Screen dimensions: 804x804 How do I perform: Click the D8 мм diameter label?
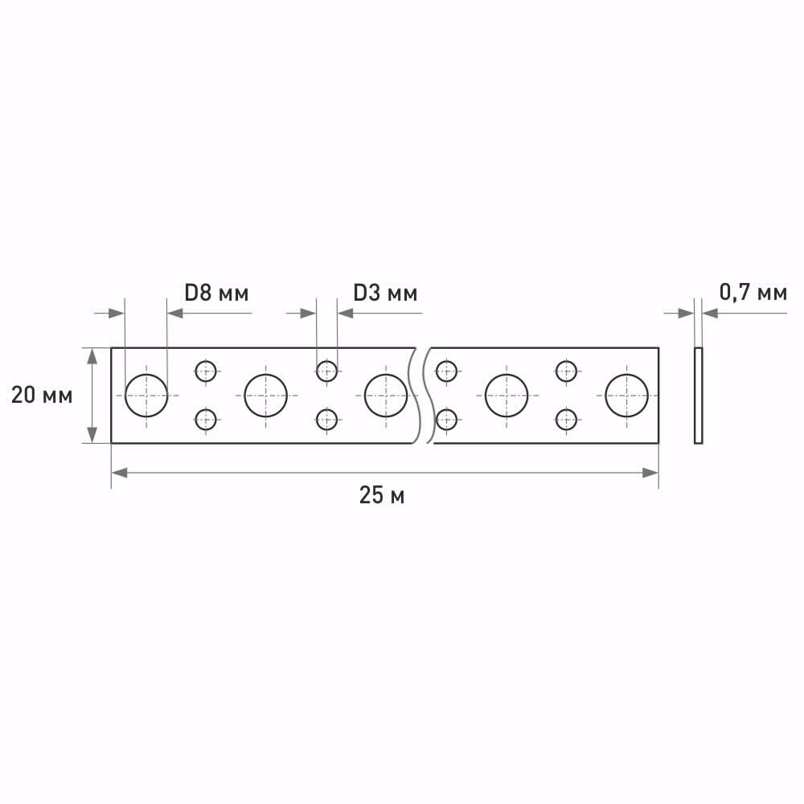coord(216,293)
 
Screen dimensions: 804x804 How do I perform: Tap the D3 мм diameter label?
coord(385,293)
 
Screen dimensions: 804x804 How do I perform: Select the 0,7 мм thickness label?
coord(753,293)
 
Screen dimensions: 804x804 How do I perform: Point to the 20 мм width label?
coord(42,396)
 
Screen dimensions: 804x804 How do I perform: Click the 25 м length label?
coord(382,495)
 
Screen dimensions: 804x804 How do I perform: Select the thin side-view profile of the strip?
coord(699,396)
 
